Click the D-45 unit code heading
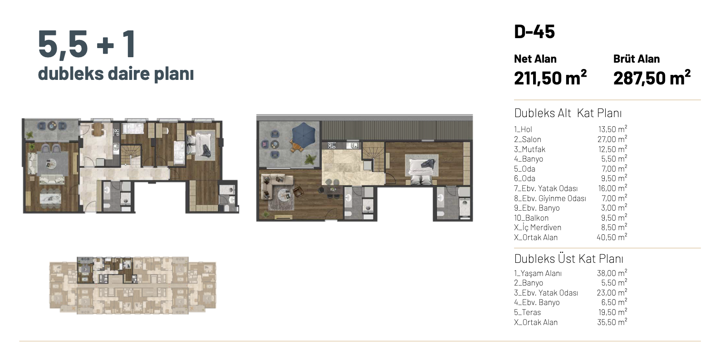[x=534, y=31]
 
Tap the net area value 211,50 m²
[x=550, y=78]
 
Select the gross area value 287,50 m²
[x=652, y=78]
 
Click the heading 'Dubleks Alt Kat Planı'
[x=568, y=113]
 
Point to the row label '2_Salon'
[x=528, y=139]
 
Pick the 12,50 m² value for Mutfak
[x=612, y=149]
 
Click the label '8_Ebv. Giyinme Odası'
[x=550, y=198]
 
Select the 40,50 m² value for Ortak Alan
[x=612, y=237]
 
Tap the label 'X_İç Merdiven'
[x=538, y=227]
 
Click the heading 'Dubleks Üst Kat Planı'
[x=568, y=259]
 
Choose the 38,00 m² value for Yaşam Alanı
[x=612, y=273]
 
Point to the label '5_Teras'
[x=527, y=312]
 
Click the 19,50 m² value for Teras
[x=612, y=312]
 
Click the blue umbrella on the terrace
[x=304, y=134]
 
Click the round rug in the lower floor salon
[x=52, y=164]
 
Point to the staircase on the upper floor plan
[x=373, y=157]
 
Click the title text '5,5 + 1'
[x=87, y=44]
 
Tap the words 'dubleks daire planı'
[x=116, y=74]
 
